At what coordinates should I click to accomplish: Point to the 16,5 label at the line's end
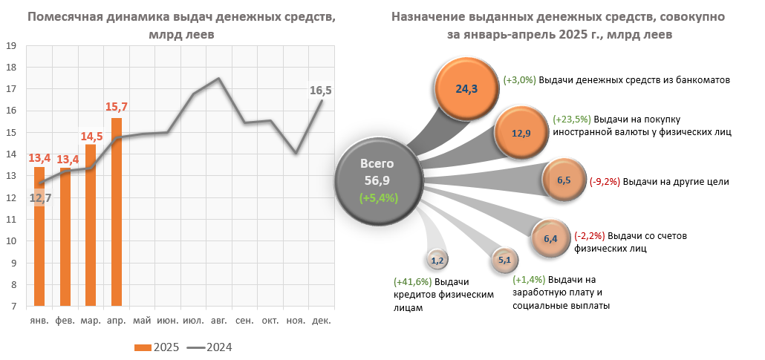[321, 91]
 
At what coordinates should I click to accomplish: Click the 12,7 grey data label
[40, 197]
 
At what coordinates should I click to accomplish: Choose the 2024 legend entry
[209, 347]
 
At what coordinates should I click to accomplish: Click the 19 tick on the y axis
[11, 46]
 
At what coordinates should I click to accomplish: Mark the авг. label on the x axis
[219, 321]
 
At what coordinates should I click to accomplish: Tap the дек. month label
[321, 321]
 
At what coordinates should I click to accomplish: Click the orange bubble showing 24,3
[466, 88]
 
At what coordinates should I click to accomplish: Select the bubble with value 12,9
[522, 134]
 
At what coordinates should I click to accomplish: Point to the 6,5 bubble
[563, 180]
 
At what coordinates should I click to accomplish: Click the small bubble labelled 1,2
[437, 260]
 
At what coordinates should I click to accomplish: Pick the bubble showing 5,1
[504, 260]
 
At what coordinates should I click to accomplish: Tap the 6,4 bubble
[550, 238]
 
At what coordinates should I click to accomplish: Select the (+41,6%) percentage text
[412, 282]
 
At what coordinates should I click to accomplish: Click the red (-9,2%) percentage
[605, 181]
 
